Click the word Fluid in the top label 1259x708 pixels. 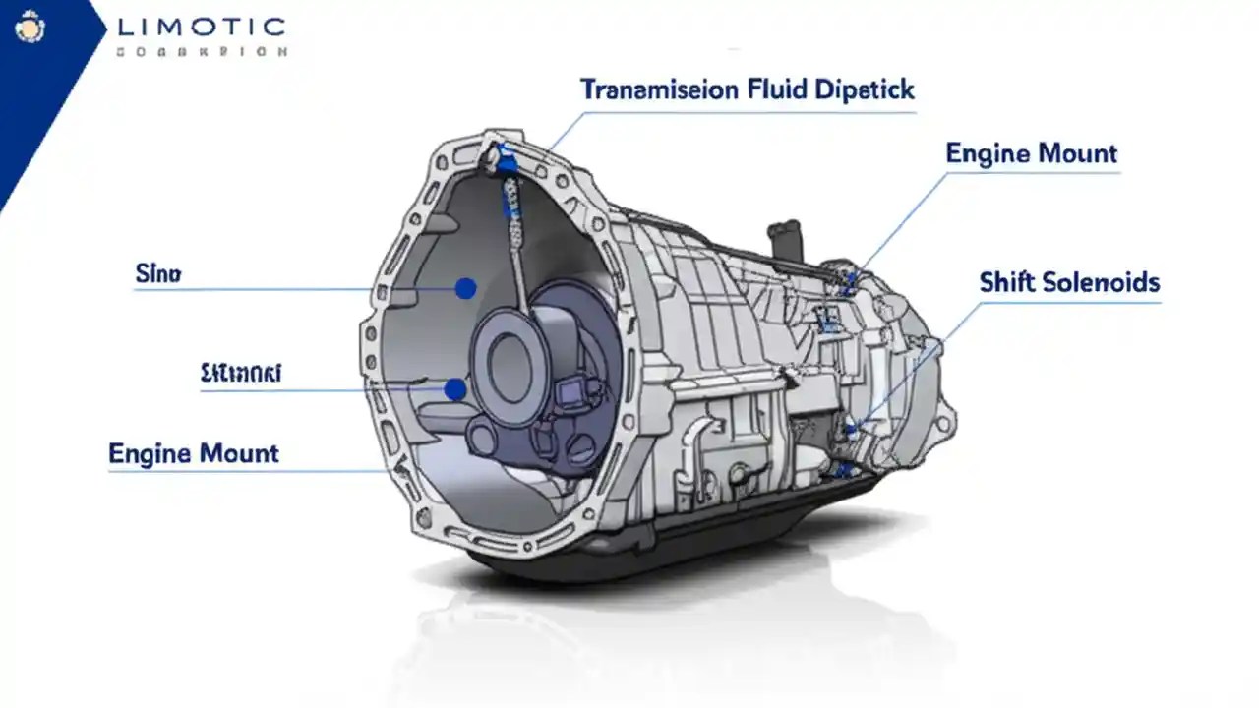click(x=776, y=90)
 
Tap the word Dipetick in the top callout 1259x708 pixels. click(x=866, y=90)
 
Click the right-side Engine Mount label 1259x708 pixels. click(x=1031, y=153)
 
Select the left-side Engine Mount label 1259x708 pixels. click(x=194, y=453)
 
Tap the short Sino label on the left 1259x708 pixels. click(x=157, y=274)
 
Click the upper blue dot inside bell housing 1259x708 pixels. click(x=466, y=288)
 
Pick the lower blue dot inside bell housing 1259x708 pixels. click(x=454, y=389)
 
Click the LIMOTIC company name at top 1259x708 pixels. click(x=201, y=28)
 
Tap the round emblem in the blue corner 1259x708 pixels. click(x=30, y=30)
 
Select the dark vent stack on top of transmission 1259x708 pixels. click(x=784, y=240)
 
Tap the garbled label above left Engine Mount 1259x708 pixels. click(x=241, y=373)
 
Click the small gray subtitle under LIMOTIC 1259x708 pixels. click(x=202, y=51)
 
